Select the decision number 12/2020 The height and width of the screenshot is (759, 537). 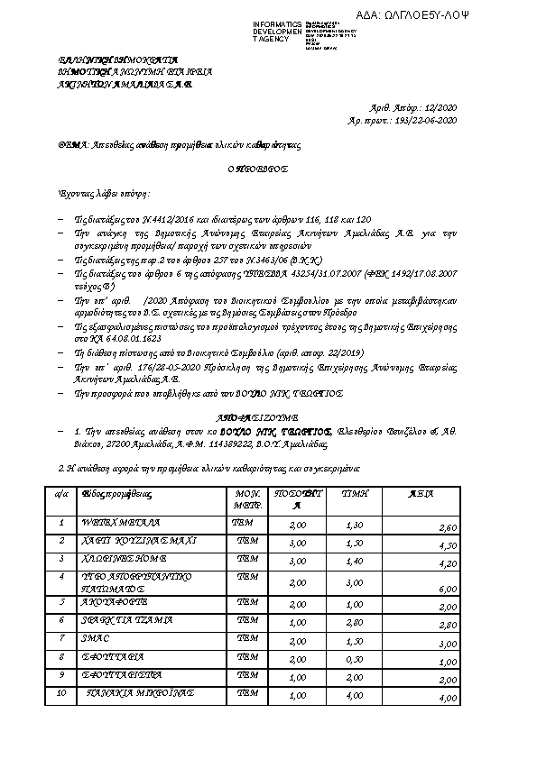coord(443,106)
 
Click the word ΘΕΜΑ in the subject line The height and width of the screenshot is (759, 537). coord(69,144)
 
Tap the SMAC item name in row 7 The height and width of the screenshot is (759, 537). coord(96,637)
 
